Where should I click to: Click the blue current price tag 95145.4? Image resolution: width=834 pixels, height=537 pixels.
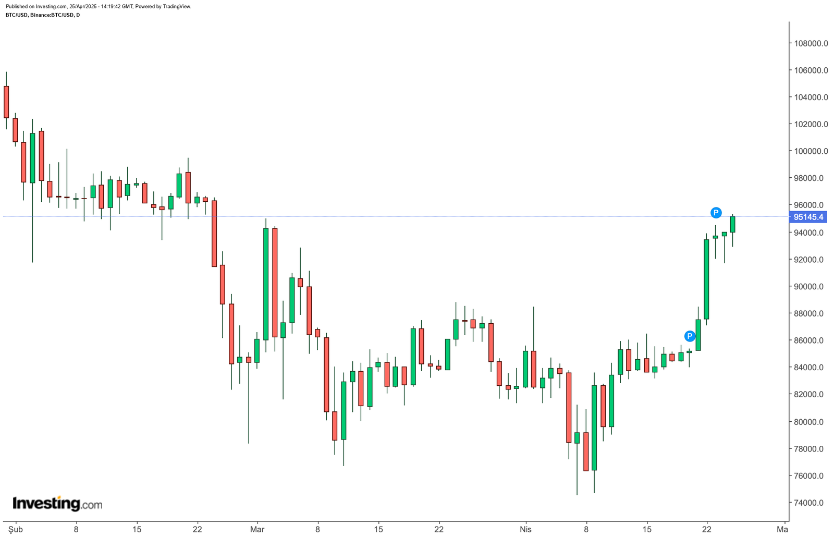pos(808,217)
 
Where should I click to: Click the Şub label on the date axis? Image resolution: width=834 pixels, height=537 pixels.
pos(16,529)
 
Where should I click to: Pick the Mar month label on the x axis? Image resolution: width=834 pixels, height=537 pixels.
pos(257,529)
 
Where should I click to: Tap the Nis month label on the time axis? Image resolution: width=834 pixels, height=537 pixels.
pos(525,529)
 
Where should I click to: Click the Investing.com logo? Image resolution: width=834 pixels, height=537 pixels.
pos(57,504)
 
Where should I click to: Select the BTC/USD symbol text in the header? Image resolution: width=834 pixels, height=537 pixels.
pos(17,15)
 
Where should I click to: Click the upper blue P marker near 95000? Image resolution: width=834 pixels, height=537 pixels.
pos(716,212)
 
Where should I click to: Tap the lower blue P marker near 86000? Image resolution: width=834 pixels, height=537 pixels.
pos(690,336)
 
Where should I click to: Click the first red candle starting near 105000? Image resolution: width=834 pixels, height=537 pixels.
pos(6,102)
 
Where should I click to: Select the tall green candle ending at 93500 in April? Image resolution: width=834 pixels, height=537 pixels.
pos(706,279)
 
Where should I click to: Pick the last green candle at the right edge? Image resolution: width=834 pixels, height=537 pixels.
pos(732,224)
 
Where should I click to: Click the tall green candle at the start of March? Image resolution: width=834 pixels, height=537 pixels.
pos(266,284)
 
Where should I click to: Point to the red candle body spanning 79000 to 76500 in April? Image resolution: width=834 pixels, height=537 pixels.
pos(586,451)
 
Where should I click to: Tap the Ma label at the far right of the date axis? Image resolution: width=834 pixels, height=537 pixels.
pos(782,529)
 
